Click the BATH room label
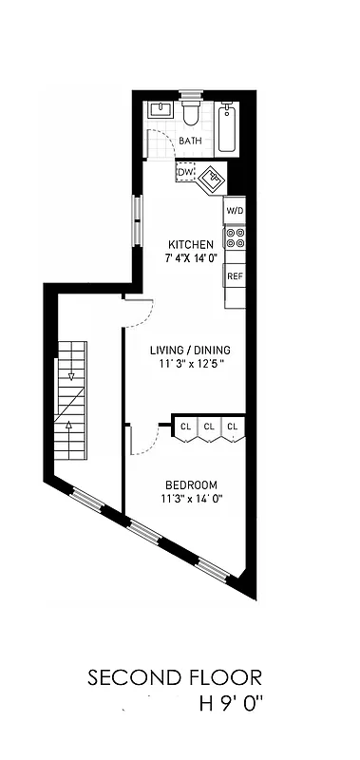coord(190,141)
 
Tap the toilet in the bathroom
coord(191,114)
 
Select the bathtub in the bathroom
coord(227,129)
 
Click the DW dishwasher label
coord(184,172)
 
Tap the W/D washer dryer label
coord(234,210)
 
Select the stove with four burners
coord(234,237)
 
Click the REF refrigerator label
coord(234,275)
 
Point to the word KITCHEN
coord(191,243)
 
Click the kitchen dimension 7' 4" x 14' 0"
coord(191,257)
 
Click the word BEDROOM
coord(191,483)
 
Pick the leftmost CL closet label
coord(186,427)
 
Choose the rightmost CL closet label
coord(232,427)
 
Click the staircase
coord(69,399)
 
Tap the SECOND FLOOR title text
coord(174,678)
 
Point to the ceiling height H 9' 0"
coord(230,705)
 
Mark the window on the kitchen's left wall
coord(138,220)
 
